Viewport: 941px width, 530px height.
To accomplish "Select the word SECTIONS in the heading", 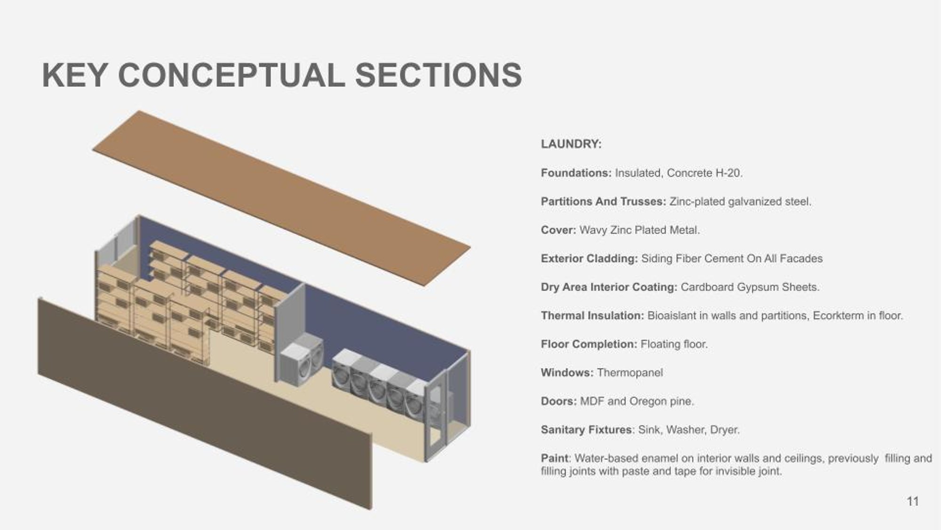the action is point(438,75).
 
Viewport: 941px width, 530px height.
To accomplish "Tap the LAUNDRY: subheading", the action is point(571,144).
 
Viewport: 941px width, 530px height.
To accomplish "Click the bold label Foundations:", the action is point(576,173).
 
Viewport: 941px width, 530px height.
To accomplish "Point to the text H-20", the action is point(729,173).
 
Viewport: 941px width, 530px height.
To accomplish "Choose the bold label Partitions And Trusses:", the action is point(603,202).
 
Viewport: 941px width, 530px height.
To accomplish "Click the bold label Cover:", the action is point(558,230).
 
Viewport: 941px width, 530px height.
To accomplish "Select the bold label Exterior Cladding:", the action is point(589,259).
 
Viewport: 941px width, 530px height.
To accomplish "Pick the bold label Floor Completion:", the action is point(589,344).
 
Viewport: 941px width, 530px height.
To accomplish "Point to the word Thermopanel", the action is point(630,373).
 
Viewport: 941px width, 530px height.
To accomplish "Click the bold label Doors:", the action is point(558,401).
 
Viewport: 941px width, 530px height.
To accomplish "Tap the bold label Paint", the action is point(555,458).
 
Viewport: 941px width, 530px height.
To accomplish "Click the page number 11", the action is point(913,501).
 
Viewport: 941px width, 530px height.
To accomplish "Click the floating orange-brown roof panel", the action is point(281,198).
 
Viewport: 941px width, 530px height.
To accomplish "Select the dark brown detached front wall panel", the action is point(205,403).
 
